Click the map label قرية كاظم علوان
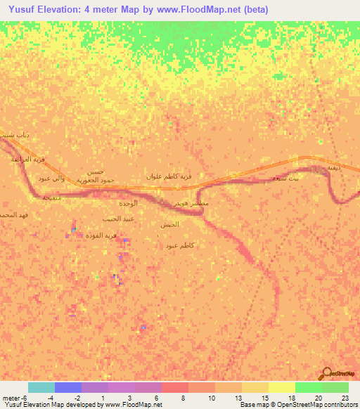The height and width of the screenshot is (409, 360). (x=169, y=176)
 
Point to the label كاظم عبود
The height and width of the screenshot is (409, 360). (x=181, y=245)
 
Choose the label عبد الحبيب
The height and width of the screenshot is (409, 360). (x=119, y=219)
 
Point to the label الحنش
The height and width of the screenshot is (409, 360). (x=169, y=224)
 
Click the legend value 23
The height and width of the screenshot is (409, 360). (x=344, y=397)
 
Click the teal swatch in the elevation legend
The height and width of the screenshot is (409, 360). (x=41, y=387)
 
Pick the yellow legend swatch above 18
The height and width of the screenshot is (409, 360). (x=281, y=387)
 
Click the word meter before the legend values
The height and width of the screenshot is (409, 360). (x=12, y=397)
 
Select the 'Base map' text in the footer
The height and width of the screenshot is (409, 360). (x=251, y=405)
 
